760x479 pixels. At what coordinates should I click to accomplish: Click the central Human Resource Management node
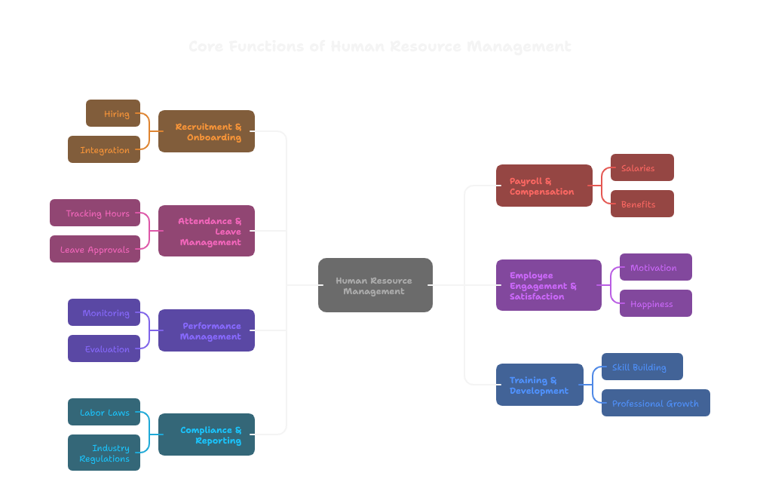click(x=375, y=285)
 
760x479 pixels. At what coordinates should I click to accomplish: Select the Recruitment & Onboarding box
click(x=207, y=131)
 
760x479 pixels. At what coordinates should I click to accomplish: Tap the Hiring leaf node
click(x=113, y=113)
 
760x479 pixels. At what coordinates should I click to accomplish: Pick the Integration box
click(x=104, y=149)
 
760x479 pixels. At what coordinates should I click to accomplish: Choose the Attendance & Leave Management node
click(x=207, y=231)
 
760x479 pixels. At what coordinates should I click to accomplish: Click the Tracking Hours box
click(x=95, y=213)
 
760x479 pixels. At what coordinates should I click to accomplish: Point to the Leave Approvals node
click(x=95, y=249)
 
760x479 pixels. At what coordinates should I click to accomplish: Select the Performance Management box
click(x=207, y=330)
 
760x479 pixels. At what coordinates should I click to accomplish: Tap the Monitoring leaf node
click(x=104, y=312)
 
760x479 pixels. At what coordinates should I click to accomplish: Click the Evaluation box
click(x=104, y=349)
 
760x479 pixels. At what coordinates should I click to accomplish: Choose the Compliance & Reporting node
click(x=207, y=434)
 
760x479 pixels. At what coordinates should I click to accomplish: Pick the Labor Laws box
click(x=104, y=412)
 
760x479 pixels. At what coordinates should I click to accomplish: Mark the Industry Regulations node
click(x=104, y=453)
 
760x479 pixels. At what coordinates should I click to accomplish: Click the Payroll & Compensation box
click(x=544, y=186)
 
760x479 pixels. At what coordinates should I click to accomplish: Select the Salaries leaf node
click(x=642, y=167)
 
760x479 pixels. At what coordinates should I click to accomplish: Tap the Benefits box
click(x=642, y=204)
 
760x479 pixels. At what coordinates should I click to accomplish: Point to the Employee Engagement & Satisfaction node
click(x=549, y=285)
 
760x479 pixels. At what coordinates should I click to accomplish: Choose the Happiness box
click(x=655, y=303)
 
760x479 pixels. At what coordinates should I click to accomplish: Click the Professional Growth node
click(x=655, y=403)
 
